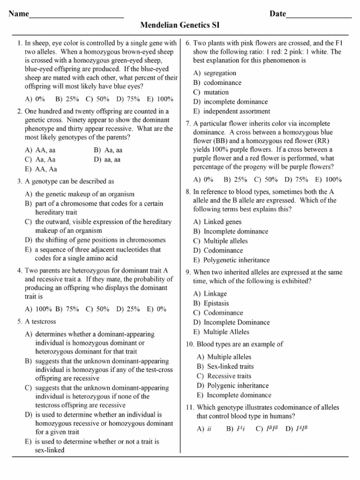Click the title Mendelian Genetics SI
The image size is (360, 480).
pos(180,25)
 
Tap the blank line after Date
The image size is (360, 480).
pos(319,15)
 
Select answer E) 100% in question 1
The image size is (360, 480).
pos(160,99)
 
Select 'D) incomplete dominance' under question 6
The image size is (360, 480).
pos(230,102)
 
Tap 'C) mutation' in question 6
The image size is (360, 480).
pos(211,92)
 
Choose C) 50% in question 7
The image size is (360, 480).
pos(266,179)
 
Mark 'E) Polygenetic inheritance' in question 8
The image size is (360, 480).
pos(231,260)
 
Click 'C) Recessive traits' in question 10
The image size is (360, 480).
pos(224,376)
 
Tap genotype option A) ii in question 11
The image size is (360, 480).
pos(204,428)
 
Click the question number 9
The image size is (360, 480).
pos(187,272)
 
